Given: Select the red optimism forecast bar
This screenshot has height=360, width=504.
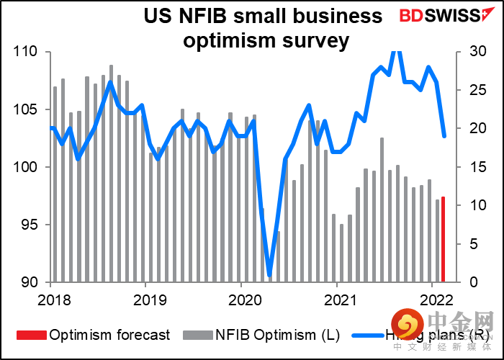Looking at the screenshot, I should (444, 239).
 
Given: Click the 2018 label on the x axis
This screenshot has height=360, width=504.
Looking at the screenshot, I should (50, 299).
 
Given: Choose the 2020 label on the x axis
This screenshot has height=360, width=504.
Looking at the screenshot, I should (242, 299).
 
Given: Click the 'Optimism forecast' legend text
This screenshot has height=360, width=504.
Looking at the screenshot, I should (109, 335).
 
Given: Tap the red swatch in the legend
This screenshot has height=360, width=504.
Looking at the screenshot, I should (30, 335).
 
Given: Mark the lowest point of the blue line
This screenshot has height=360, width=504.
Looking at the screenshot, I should (269, 274).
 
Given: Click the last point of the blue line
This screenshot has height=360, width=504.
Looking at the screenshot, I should (444, 136).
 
